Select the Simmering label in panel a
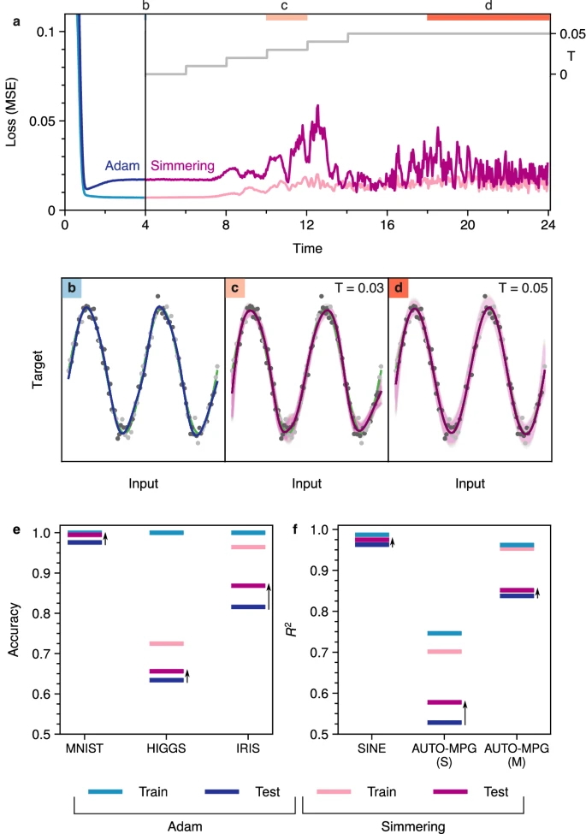[182, 166]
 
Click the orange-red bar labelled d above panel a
[488, 17]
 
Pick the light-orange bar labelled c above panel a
[287, 17]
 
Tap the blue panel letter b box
[72, 288]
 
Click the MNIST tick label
[84, 749]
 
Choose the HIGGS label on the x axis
[166, 749]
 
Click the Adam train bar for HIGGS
[166, 533]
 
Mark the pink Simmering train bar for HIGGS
[166, 643]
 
